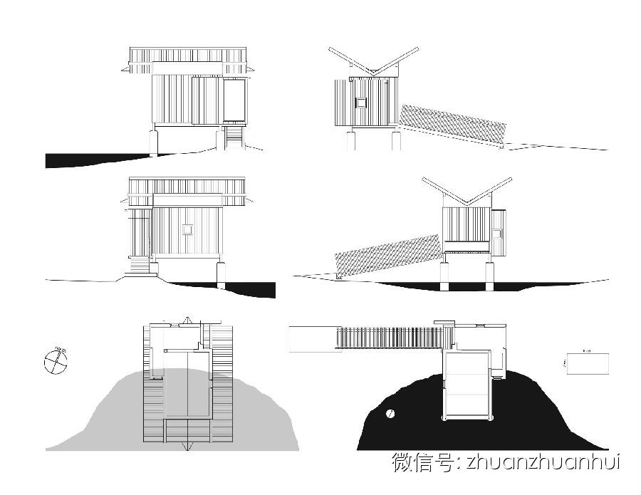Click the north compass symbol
[55, 360]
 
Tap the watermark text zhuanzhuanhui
[543, 462]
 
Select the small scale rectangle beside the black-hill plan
[588, 363]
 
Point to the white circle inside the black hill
[390, 413]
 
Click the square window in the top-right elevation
[361, 103]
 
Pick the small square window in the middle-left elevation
[187, 229]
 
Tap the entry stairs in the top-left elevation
[233, 137]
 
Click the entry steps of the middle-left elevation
[140, 266]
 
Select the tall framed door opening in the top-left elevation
[234, 100]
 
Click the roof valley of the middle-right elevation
[466, 204]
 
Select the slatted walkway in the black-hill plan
[388, 338]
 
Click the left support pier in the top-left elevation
[153, 140]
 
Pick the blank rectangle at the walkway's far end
[311, 339]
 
